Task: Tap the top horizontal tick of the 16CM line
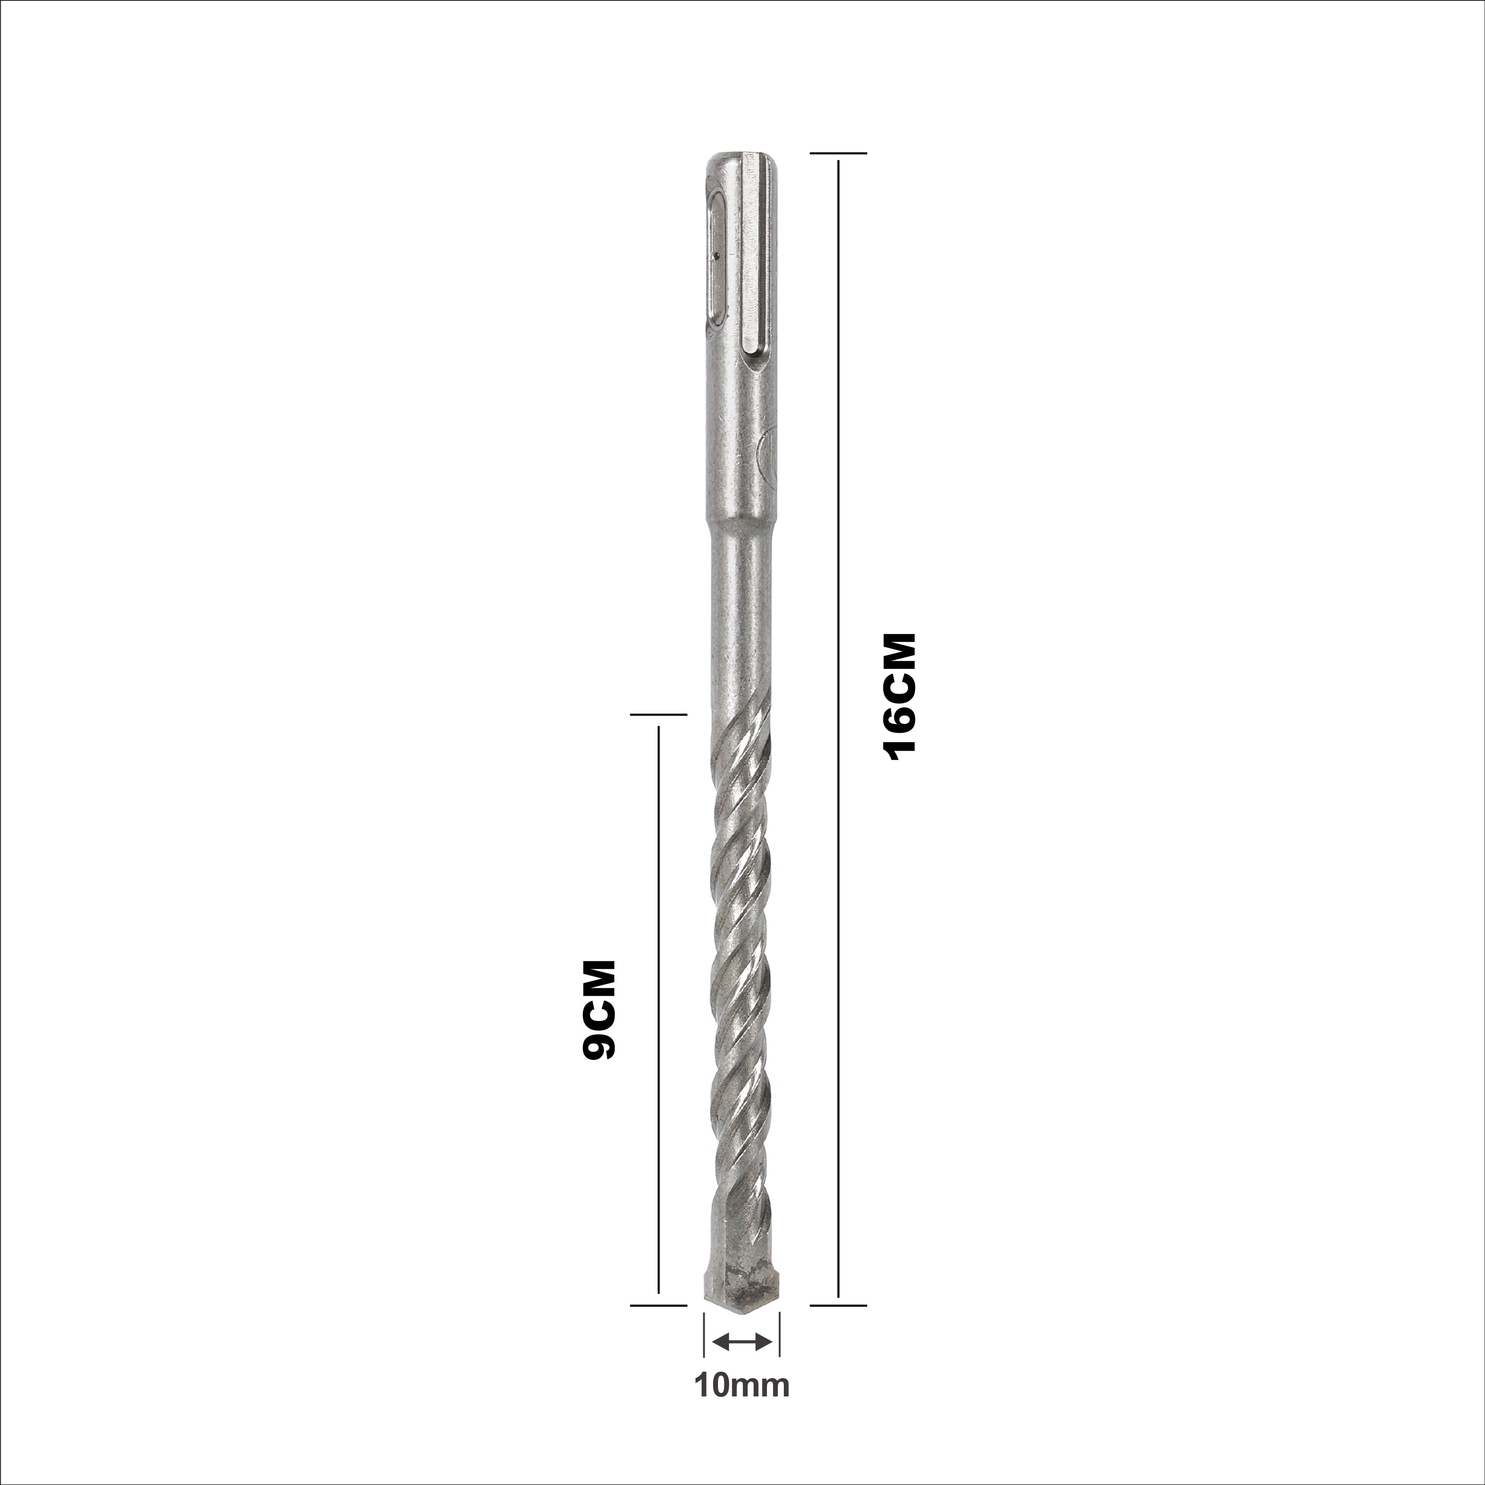click(838, 153)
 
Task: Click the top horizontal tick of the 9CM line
click(658, 715)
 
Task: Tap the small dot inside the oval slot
click(716, 257)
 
